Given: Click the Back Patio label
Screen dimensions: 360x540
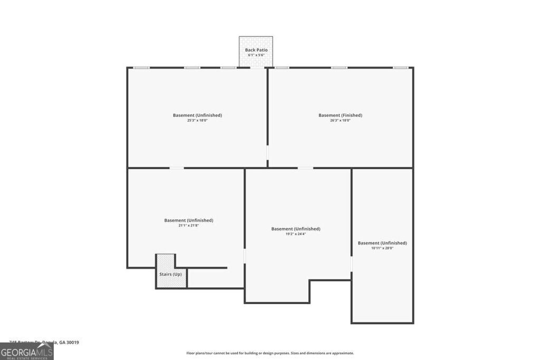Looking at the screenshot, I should click(x=256, y=50).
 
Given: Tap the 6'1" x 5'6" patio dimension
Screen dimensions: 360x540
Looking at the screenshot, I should click(x=256, y=55).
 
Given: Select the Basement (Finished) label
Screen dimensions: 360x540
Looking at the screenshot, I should click(x=340, y=115).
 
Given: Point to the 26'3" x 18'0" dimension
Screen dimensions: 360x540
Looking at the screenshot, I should click(x=340, y=120).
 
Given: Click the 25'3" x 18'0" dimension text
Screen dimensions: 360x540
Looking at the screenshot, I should click(x=197, y=120).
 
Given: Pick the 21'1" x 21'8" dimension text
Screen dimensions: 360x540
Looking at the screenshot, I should click(x=188, y=225).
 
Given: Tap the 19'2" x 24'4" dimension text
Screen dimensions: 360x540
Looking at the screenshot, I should click(x=296, y=233).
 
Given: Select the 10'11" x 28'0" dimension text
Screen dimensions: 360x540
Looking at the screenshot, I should click(x=382, y=248).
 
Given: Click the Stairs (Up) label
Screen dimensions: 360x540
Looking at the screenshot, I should click(x=170, y=274).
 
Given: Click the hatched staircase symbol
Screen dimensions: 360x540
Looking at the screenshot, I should click(x=166, y=262).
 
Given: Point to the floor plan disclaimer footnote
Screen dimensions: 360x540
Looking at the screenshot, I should click(x=270, y=353).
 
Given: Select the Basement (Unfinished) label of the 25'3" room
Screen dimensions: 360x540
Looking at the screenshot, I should click(x=197, y=115).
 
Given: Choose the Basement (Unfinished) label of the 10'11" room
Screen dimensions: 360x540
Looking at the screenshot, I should click(x=382, y=243).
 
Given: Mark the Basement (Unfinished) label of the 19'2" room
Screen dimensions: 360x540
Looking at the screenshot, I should click(x=296, y=229).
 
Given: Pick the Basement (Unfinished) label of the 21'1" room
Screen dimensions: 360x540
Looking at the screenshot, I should click(x=188, y=220).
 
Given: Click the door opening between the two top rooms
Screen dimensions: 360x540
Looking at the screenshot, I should click(x=267, y=152).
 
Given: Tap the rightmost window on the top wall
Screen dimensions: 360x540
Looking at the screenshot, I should click(x=401, y=67).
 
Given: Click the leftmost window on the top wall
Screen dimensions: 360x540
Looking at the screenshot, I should click(x=141, y=67).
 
